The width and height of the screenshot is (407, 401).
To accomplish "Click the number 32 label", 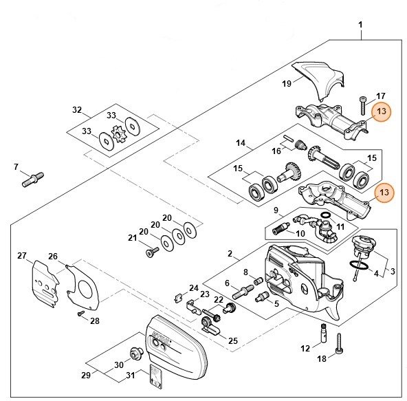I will click(77, 109).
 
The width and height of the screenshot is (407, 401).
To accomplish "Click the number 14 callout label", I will click(241, 144).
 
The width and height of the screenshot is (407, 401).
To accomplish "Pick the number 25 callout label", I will click(232, 340).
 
